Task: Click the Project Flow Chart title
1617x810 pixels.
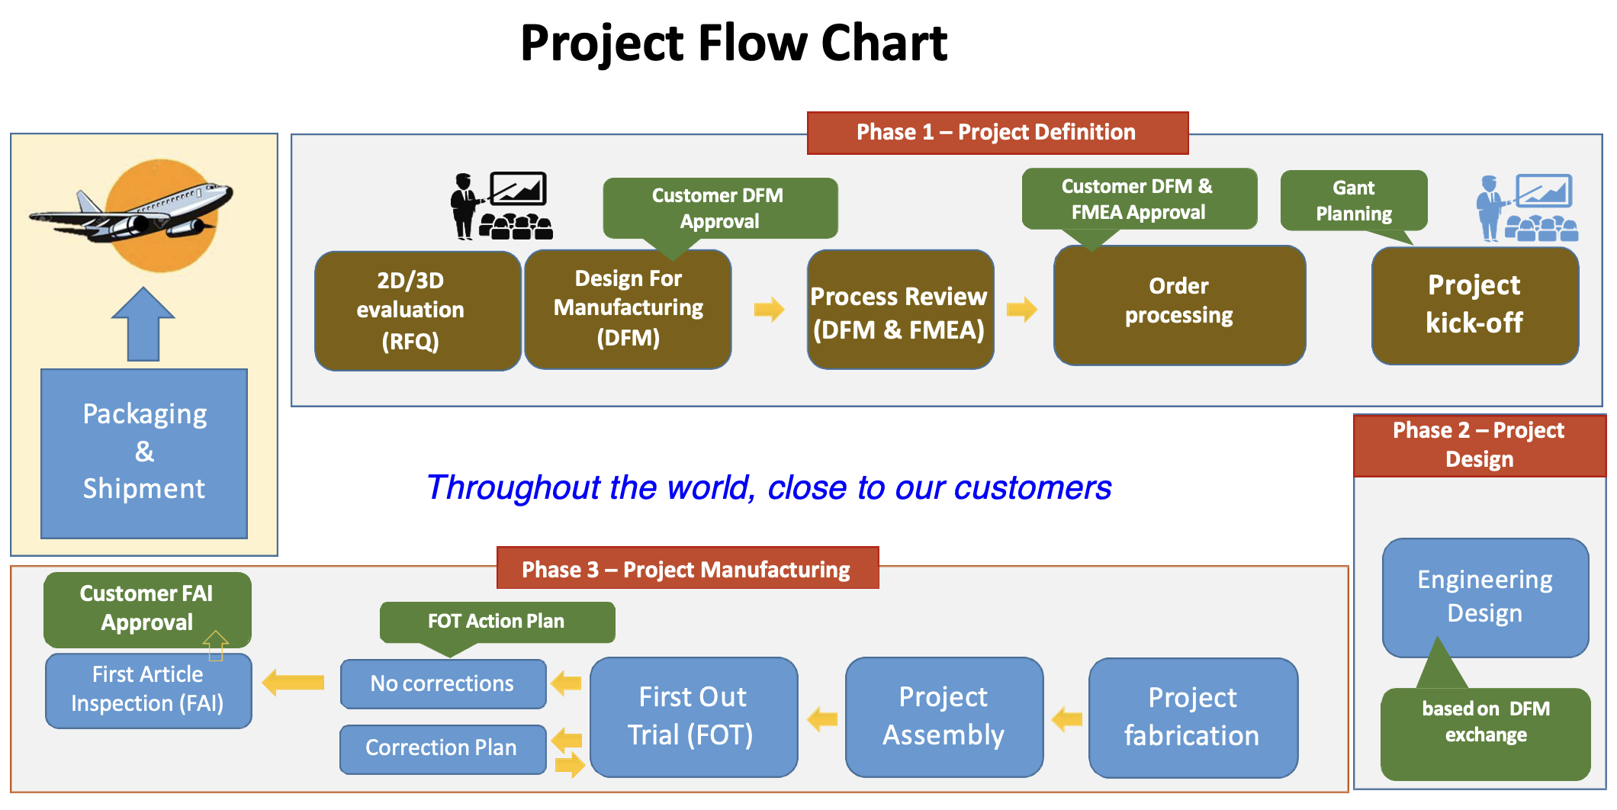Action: [x=733, y=43]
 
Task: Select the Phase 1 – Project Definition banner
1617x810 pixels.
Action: [x=997, y=133]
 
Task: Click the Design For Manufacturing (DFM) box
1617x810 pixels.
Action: [x=628, y=309]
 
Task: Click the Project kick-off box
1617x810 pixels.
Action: [x=1474, y=305]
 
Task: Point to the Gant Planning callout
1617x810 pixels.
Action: [x=1353, y=201]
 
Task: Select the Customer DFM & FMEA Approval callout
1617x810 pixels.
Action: [x=1138, y=199]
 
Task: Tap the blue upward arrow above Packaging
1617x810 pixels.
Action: [x=143, y=324]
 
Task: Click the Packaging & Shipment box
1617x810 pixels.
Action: [x=144, y=453]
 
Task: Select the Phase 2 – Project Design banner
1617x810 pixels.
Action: [x=1479, y=445]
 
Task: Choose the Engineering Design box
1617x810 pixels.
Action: [x=1484, y=596]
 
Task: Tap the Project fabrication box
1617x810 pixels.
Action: [x=1192, y=717]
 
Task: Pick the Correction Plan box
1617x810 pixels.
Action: [x=442, y=748]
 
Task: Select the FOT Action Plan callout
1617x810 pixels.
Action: [x=497, y=622]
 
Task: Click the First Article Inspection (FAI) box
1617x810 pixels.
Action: [x=148, y=689]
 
